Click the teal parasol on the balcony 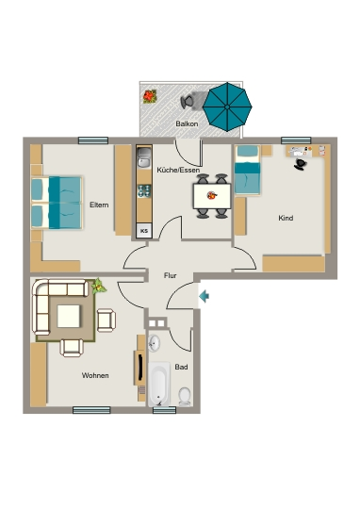click(x=227, y=107)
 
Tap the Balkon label click(x=187, y=123)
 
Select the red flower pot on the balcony click(x=150, y=96)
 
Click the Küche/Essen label click(x=178, y=170)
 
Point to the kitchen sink click(x=144, y=157)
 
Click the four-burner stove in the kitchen click(x=144, y=190)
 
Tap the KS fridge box click(x=144, y=231)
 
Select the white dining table click(x=212, y=196)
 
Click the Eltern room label click(x=99, y=205)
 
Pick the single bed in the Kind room click(x=247, y=170)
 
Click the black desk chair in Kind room click(x=301, y=164)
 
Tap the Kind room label click(x=286, y=218)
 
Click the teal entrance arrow click(x=204, y=296)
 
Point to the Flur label click(x=170, y=275)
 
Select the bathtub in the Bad click(x=159, y=384)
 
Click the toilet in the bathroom click(x=185, y=396)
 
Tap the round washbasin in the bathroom click(x=154, y=343)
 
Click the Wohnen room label click(x=95, y=375)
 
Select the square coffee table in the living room click(x=69, y=316)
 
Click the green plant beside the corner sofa click(x=98, y=287)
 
